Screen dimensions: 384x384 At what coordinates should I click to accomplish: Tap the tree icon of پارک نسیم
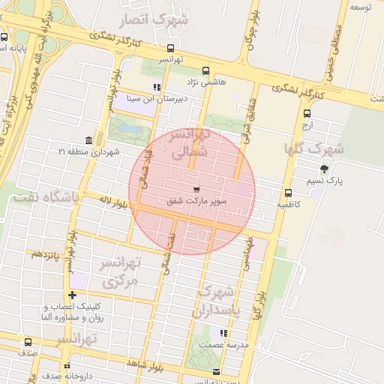[x=324, y=169]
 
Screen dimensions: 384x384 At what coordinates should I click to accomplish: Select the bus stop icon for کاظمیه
[x=289, y=192]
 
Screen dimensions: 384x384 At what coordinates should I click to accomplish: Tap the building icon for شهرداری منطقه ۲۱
[x=89, y=140]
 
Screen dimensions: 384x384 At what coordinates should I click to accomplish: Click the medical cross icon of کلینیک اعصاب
[x=71, y=295]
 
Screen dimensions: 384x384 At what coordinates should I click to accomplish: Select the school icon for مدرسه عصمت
[x=223, y=333]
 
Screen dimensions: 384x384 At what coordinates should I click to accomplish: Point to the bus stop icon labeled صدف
[x=28, y=343]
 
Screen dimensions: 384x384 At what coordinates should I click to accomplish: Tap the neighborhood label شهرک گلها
[x=313, y=147]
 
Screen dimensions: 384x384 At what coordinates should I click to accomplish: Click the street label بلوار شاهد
[x=145, y=364]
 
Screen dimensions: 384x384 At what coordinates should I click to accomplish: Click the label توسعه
[x=362, y=6]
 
